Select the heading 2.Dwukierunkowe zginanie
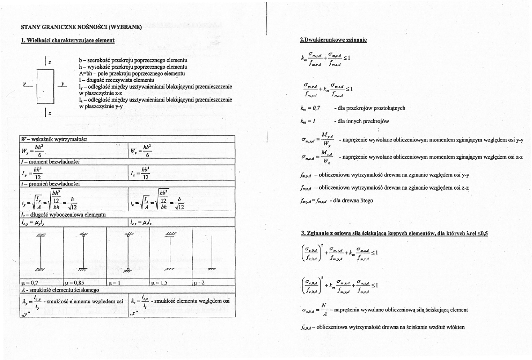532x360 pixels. [333, 40]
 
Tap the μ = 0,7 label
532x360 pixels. [30, 283]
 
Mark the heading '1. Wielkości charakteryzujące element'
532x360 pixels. [68, 40]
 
